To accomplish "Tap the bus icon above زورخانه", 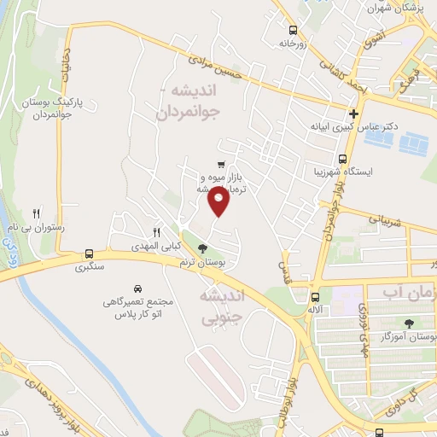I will (x=293, y=28).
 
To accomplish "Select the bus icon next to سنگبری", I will (x=89, y=253).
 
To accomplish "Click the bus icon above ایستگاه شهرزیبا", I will (x=342, y=159).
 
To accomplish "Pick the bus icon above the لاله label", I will (x=315, y=297).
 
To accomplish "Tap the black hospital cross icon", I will (x=353, y=114).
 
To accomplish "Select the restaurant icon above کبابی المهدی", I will (x=156, y=231).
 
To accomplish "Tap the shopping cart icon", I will (x=221, y=165).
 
